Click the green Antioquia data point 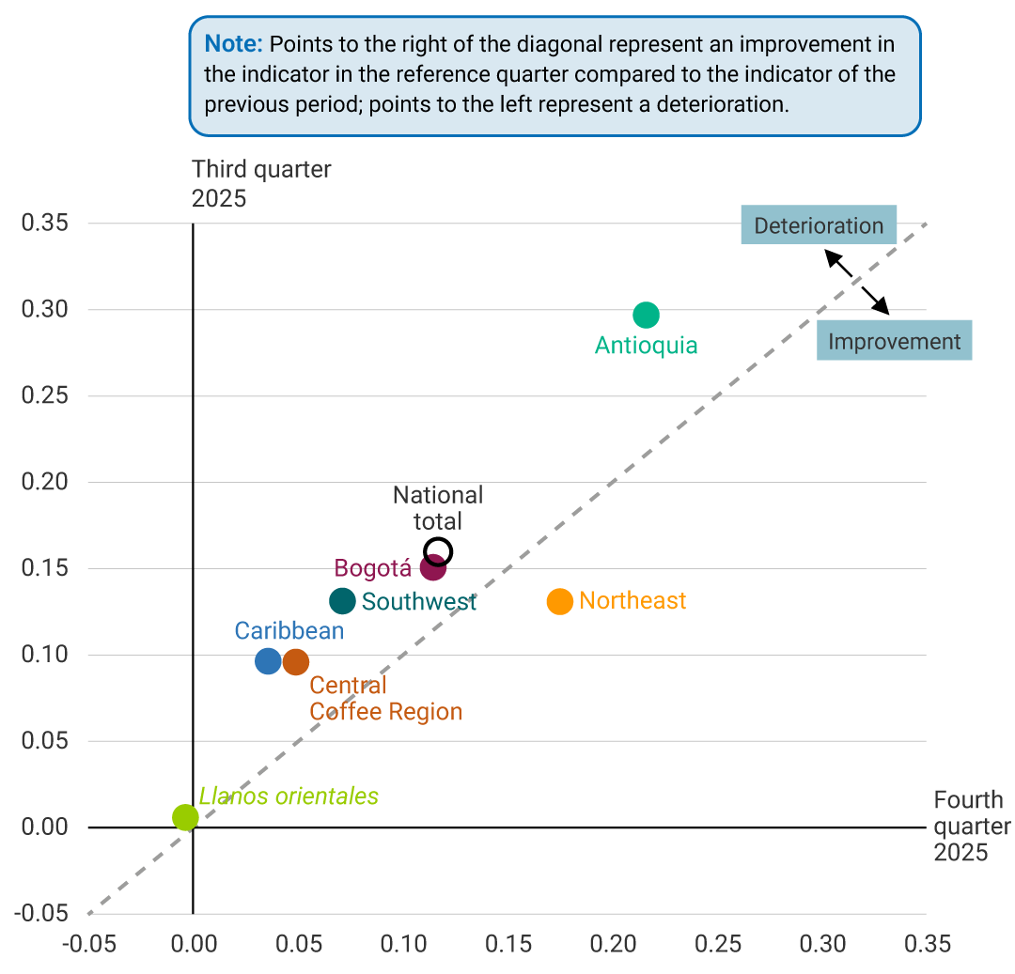tap(646, 315)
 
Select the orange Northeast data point tap(559, 601)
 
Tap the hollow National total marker tap(438, 551)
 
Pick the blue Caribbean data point tap(268, 661)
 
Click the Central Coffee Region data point tap(295, 662)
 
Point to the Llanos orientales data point tap(186, 817)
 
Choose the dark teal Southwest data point tap(343, 601)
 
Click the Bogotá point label tap(373, 568)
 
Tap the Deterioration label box tap(819, 225)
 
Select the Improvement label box tap(894, 341)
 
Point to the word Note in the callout tap(233, 44)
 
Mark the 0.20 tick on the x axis tap(613, 943)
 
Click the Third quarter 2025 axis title tap(261, 183)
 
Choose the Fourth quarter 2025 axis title tap(969, 827)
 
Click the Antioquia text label tap(646, 346)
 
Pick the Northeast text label tap(632, 601)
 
